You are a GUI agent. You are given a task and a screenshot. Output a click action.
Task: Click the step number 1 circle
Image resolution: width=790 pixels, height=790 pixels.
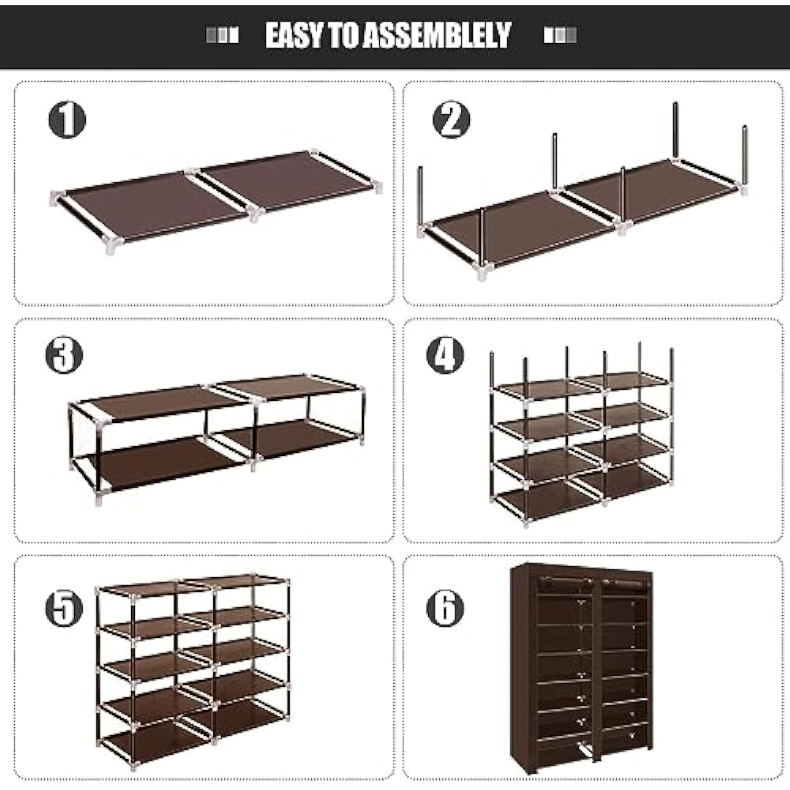[x=67, y=120]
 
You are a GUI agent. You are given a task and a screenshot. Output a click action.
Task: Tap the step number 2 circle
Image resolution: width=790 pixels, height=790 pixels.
[x=451, y=120]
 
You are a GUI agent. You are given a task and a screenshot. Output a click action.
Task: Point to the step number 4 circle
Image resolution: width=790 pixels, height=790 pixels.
[x=445, y=355]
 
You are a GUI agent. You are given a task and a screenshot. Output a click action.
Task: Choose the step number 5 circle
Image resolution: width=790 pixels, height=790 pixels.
[x=64, y=608]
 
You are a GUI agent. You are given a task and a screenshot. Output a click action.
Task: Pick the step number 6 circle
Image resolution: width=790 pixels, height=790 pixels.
[x=445, y=608]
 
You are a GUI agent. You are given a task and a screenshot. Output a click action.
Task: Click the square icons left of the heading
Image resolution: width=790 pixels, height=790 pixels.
[x=222, y=36]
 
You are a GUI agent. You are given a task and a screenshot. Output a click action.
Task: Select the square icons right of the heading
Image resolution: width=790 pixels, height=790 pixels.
[x=560, y=36]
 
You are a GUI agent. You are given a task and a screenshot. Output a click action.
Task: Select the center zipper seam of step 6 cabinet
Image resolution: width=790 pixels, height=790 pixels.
[x=597, y=669]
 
